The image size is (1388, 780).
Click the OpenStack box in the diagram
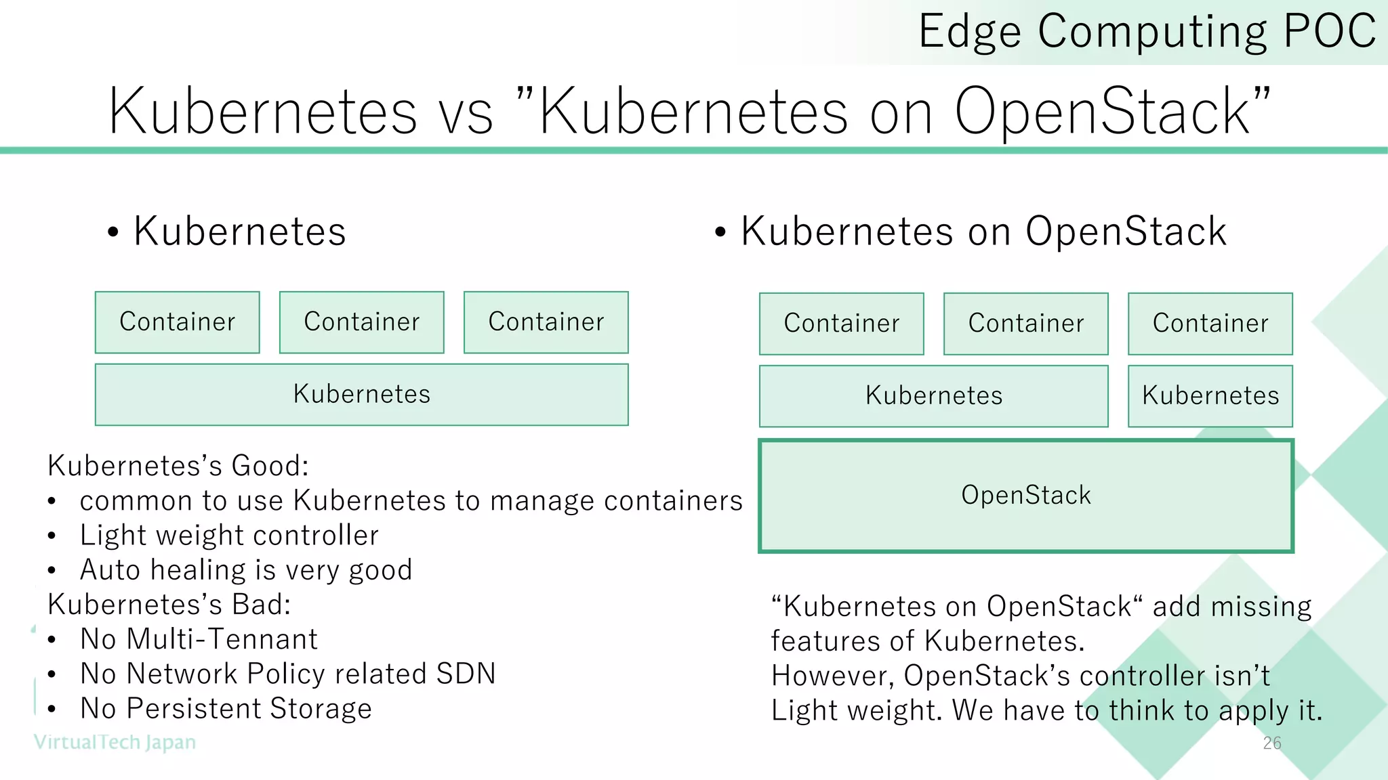(x=1026, y=496)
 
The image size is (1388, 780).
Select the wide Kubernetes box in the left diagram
(x=361, y=395)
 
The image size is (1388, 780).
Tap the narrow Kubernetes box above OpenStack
(x=1210, y=396)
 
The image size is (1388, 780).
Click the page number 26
(x=1272, y=743)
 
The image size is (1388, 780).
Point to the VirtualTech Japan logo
(x=115, y=742)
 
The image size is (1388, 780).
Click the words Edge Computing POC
(x=1147, y=31)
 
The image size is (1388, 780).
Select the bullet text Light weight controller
(x=229, y=535)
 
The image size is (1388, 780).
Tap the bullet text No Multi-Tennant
(x=199, y=638)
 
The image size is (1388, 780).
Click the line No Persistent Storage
(x=226, y=708)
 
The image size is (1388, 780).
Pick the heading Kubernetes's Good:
(x=178, y=466)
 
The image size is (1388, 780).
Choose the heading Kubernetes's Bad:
(x=169, y=604)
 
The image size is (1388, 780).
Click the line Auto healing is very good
(x=246, y=569)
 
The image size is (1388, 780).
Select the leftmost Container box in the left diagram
(x=177, y=322)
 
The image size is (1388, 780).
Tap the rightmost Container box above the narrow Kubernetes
(x=1210, y=324)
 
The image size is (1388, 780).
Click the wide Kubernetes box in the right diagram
(x=934, y=396)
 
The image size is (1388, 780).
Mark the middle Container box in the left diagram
(x=361, y=322)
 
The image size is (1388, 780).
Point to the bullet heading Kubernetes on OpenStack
(x=983, y=232)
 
